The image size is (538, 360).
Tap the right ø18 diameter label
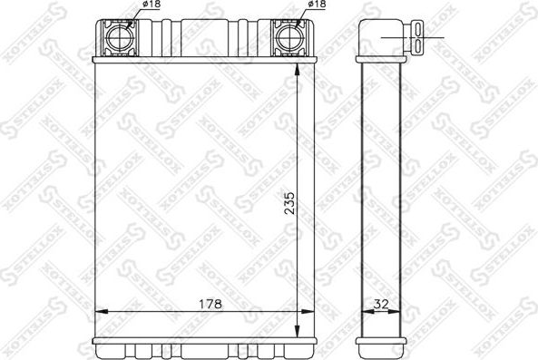pyautogui.click(x=317, y=5)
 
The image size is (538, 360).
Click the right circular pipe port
pyautogui.click(x=289, y=38)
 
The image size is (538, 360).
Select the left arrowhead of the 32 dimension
pyautogui.click(x=365, y=312)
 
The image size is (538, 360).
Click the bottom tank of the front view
pyautogui.click(x=200, y=347)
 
